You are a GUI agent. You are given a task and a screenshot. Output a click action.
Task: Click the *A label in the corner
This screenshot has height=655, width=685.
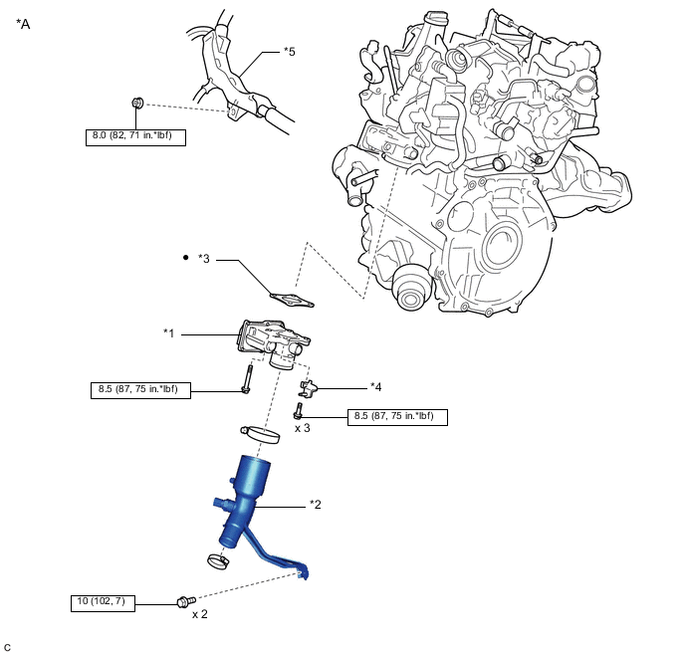(24, 23)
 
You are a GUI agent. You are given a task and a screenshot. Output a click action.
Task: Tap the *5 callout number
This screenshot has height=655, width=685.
(290, 52)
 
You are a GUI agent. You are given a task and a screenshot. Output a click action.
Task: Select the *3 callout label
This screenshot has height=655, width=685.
(204, 260)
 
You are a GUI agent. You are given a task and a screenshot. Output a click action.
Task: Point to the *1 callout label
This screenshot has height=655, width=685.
(170, 333)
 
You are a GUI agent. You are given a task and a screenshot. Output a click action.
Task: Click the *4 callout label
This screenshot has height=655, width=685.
(376, 386)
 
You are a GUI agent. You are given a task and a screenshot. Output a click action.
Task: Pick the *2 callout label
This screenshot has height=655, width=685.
(316, 504)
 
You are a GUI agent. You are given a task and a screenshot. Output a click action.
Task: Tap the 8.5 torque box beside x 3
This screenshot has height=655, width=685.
(397, 417)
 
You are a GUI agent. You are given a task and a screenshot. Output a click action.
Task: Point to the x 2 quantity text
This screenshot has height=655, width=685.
(201, 614)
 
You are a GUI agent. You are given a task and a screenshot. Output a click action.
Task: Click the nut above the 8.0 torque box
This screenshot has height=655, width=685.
(138, 103)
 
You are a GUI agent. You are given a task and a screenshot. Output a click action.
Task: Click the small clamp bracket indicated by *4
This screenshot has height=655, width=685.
(311, 386)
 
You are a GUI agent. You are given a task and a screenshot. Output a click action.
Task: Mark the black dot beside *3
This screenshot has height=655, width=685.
(185, 258)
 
